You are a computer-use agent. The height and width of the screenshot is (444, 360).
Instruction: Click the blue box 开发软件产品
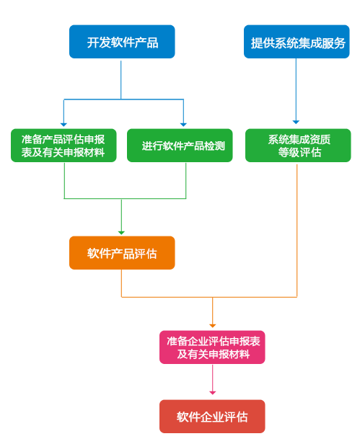[122, 42]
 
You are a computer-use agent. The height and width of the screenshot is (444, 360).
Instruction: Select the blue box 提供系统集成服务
[297, 42]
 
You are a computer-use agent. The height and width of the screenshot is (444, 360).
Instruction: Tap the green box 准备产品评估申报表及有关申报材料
[63, 146]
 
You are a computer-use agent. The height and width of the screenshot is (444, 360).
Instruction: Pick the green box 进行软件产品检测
[180, 146]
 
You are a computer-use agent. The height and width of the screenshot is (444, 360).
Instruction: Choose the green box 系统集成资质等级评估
[298, 146]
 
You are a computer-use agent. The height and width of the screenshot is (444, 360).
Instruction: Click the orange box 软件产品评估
[122, 253]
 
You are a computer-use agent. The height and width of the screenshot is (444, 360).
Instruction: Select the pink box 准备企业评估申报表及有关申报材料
[212, 347]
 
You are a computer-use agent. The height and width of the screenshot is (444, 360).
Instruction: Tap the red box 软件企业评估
[212, 417]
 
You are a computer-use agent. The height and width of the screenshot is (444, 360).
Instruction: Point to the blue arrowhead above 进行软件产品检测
[183, 125]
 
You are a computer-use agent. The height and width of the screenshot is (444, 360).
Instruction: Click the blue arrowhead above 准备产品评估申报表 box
[63, 125]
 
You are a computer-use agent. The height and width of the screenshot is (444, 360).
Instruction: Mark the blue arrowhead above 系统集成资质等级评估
[296, 122]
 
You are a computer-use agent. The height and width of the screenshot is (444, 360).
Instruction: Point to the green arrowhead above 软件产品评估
[121, 233]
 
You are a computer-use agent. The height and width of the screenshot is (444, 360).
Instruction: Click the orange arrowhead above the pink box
[213, 326]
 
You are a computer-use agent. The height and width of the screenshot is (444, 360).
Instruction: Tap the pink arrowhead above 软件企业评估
[213, 393]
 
